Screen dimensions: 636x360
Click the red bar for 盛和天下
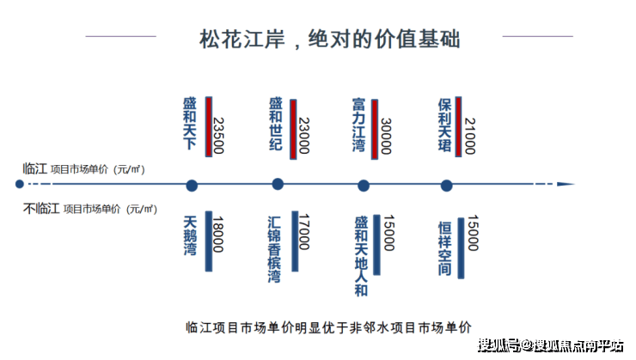209,126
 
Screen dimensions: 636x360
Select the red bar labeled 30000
375,129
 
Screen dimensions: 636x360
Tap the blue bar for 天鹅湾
209,241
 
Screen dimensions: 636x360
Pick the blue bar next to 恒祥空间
461,248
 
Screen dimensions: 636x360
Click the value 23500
219,136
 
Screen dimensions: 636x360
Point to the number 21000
470,136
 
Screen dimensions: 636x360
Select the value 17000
304,232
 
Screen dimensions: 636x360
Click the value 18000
218,234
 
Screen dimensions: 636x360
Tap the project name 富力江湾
358,125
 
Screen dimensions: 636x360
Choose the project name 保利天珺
444,125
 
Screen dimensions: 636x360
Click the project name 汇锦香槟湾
274,249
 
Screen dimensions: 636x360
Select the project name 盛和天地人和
361,256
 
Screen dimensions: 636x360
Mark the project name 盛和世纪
276,124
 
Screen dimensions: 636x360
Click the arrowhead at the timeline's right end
566,184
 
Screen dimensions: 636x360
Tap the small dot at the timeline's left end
20,184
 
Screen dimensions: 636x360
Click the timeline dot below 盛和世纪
278,184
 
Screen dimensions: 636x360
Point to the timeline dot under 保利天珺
447,186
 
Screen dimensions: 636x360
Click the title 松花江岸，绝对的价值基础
330,40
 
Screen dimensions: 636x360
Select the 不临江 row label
41,209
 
